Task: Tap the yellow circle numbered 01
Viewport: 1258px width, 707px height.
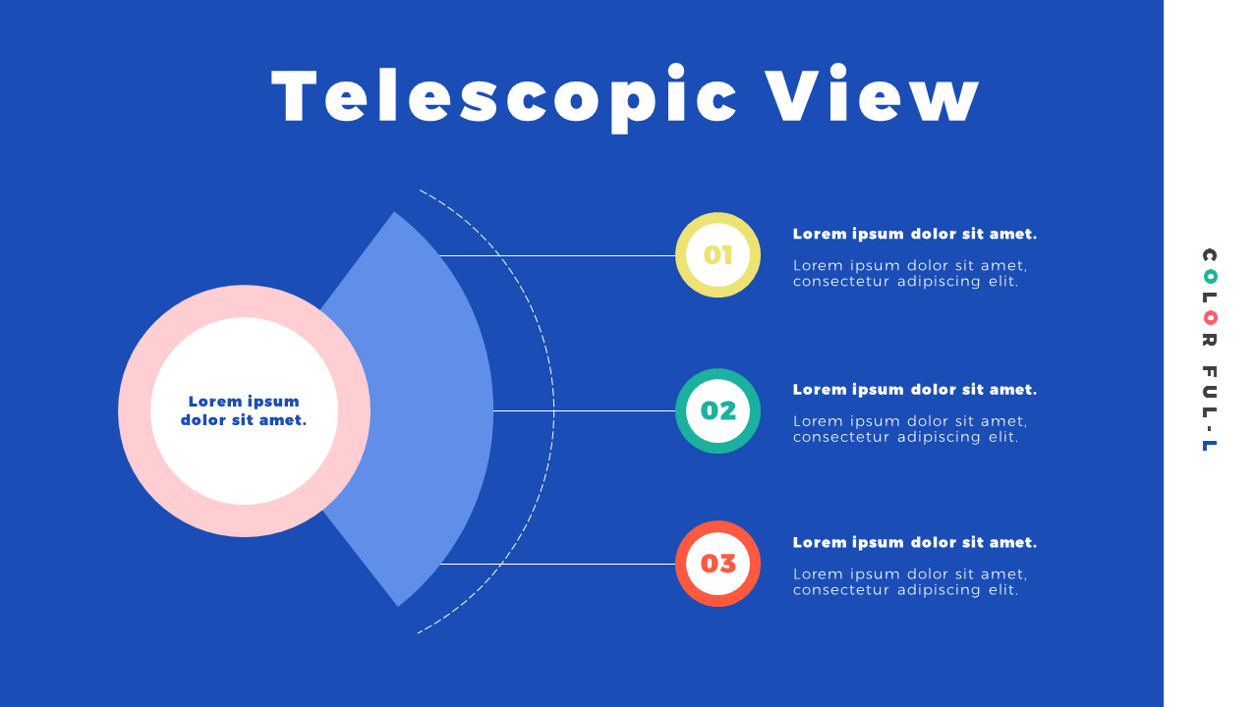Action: coord(717,255)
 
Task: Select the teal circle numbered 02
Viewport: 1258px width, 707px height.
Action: coord(717,410)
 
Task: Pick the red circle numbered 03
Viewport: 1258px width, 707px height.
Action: coord(717,564)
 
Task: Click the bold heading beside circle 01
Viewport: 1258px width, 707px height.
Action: coord(914,234)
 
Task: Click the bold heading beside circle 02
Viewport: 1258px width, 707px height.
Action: coord(914,390)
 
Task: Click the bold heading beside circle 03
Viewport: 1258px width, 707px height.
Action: coord(914,542)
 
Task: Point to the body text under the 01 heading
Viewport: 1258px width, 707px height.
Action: coord(909,273)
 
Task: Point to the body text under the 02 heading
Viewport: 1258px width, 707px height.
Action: coord(909,429)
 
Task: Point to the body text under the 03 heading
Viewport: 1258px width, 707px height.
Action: coord(909,582)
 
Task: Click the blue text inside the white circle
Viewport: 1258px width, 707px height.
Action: coord(244,410)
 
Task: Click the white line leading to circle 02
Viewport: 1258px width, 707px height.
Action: coord(590,410)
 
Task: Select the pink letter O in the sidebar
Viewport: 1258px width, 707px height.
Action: coord(1210,317)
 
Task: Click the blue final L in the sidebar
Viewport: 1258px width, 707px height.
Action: coord(1210,445)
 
